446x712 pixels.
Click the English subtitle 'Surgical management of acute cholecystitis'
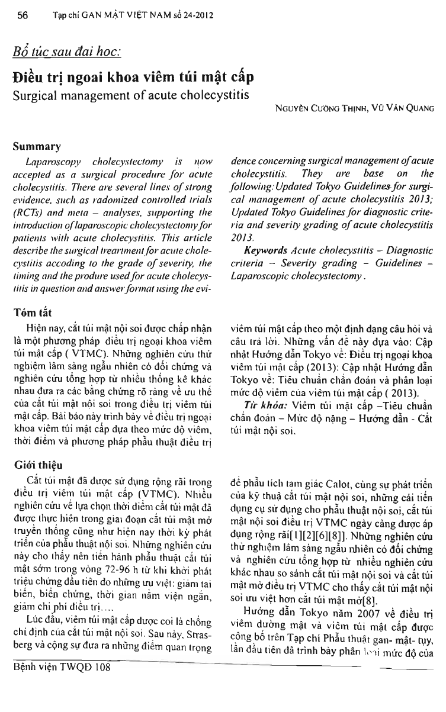(127, 94)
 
